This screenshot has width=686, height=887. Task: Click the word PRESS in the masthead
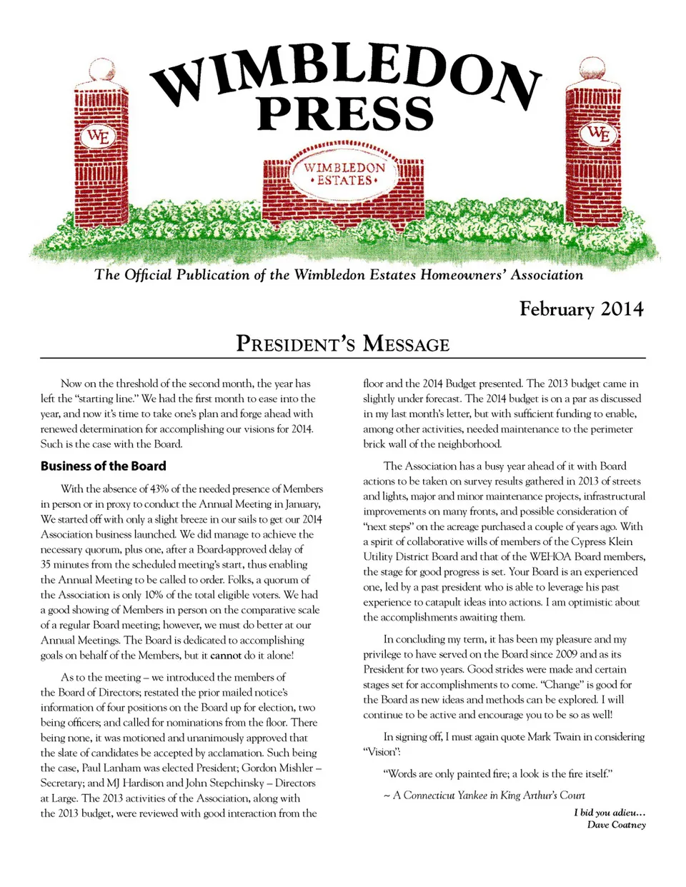coord(345,114)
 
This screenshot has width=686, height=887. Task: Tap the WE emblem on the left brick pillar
coord(98,136)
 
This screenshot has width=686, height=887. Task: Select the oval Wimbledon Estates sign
coord(344,174)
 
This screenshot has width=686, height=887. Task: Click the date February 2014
coord(581,309)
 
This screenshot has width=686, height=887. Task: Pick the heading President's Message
coord(343,344)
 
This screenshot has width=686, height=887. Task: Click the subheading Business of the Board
coord(103,466)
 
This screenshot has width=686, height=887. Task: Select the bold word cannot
coord(226,656)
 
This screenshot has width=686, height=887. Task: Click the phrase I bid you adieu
coord(610,813)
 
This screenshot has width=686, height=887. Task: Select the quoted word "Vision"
coord(382,752)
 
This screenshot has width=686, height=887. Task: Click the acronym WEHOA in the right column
coord(550,556)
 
